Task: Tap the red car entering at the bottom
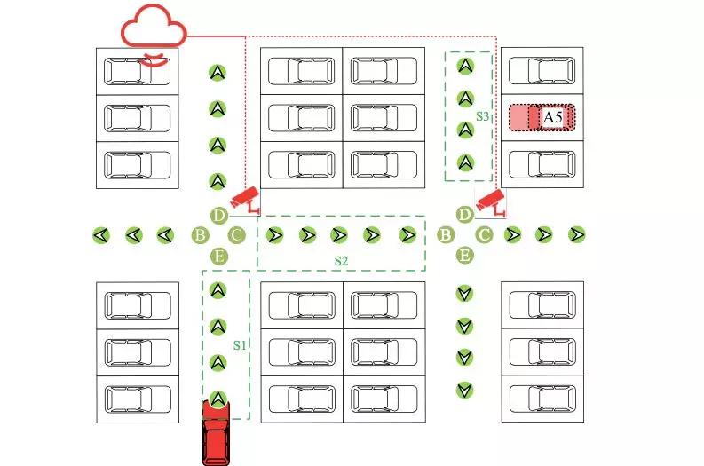(217, 432)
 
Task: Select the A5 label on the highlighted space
(552, 117)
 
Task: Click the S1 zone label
(239, 344)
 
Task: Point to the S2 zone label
(341, 260)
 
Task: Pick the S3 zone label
(483, 116)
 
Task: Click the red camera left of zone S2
(245, 199)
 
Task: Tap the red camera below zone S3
(490, 201)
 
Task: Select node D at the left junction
(219, 216)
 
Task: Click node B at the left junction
(201, 235)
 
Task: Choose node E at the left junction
(219, 257)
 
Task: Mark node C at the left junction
(236, 235)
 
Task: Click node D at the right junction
(464, 215)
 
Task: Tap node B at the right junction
(446, 235)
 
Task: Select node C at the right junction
(484, 235)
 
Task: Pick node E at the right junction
(464, 256)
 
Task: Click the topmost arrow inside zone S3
(463, 65)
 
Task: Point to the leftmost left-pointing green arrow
(102, 235)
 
